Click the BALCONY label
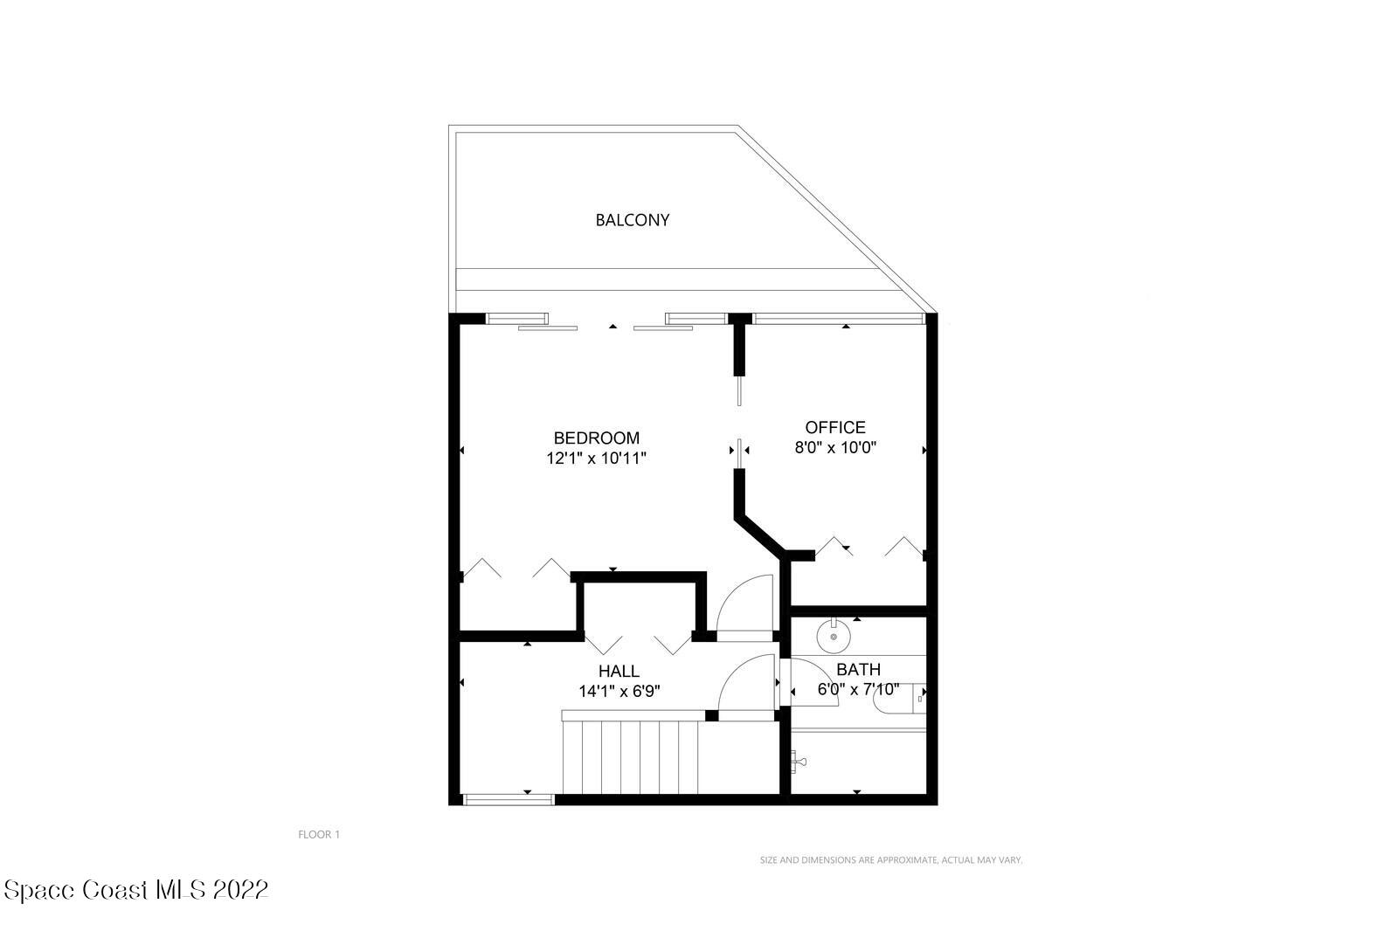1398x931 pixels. click(632, 220)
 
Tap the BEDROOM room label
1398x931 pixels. click(596, 438)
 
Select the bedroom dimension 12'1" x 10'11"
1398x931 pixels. click(596, 458)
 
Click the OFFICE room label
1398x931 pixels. click(834, 427)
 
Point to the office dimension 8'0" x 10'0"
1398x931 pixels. click(834, 448)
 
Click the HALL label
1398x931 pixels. click(619, 671)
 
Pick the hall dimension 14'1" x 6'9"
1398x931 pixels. click(619, 691)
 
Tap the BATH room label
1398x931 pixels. click(858, 669)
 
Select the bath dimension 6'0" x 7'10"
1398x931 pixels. click(857, 689)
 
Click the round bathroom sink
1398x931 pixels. click(834, 637)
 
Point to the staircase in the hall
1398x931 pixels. click(633, 755)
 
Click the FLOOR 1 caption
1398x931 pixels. click(319, 834)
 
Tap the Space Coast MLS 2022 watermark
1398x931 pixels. click(135, 890)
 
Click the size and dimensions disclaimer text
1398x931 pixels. click(890, 860)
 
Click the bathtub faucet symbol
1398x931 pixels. click(798, 762)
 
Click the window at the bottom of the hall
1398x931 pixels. click(509, 798)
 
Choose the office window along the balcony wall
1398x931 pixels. click(838, 319)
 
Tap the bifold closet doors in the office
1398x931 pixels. click(869, 547)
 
